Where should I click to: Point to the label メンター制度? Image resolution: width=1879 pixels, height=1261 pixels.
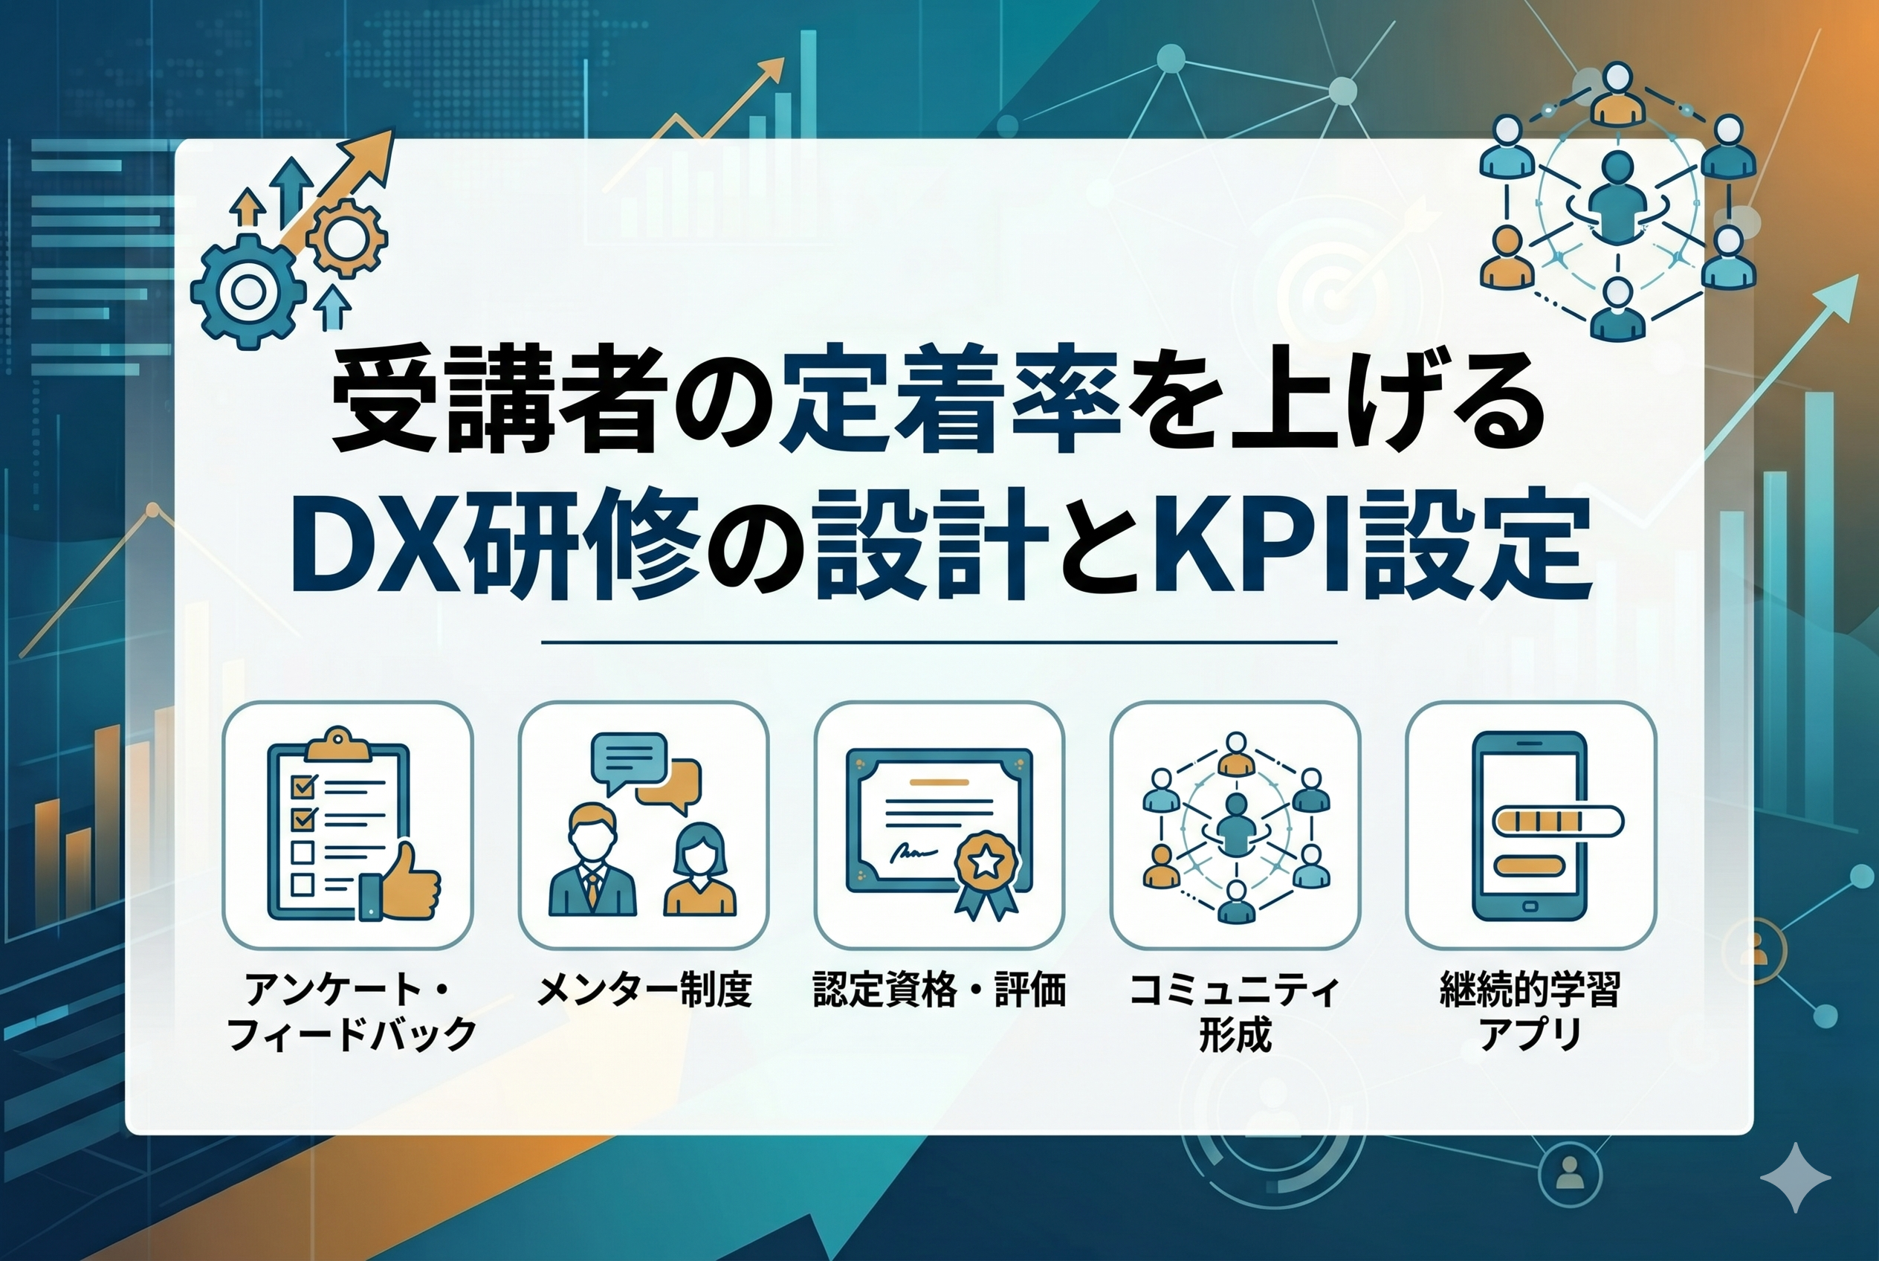click(643, 990)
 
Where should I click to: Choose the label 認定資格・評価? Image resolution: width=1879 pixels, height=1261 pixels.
click(939, 990)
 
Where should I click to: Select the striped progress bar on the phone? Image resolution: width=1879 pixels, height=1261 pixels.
click(1557, 822)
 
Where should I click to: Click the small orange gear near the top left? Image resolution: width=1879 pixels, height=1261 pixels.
click(347, 239)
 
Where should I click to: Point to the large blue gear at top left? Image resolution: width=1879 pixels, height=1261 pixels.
click(248, 292)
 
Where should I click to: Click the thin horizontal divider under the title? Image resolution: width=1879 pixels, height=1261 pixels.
click(939, 642)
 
